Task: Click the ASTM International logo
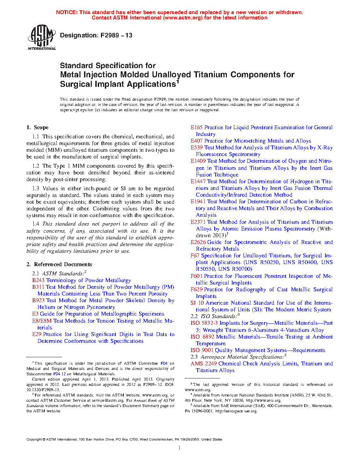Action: (42, 37)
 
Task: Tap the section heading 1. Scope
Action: (37, 127)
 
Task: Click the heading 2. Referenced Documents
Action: (59, 264)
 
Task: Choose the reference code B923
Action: (38, 300)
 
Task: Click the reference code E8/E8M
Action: (42, 321)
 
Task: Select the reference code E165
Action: (197, 127)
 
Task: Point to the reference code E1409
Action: (198, 161)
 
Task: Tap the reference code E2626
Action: (198, 242)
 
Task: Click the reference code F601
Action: (196, 276)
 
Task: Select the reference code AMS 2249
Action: (204, 364)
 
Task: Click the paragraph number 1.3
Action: (36, 189)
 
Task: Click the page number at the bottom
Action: (180, 448)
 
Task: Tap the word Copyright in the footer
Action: (34, 440)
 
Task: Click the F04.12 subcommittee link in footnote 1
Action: (59, 374)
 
